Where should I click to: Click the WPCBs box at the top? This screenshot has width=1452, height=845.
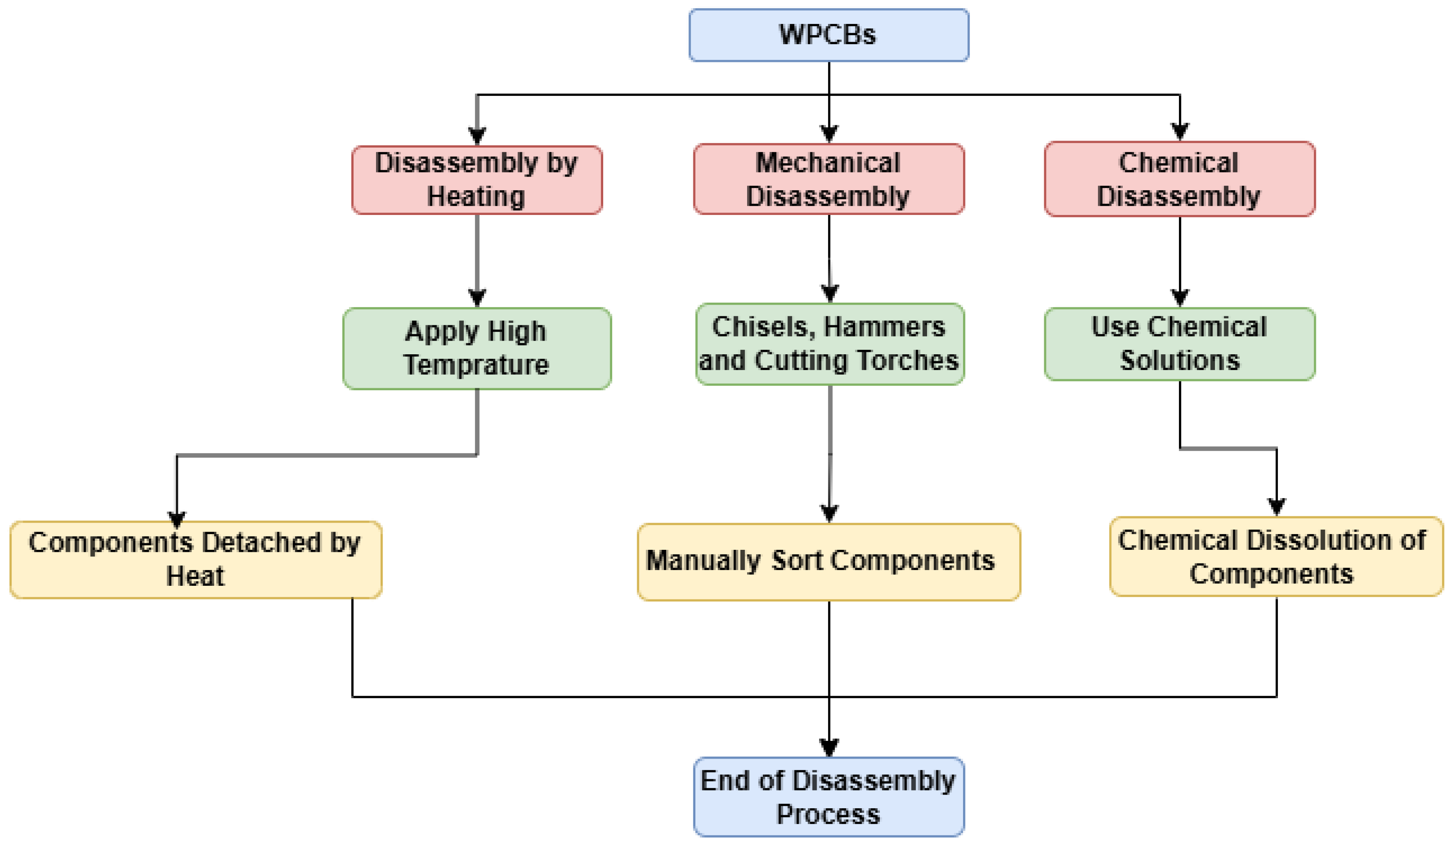point(829,35)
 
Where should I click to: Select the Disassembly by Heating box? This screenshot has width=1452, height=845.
point(477,180)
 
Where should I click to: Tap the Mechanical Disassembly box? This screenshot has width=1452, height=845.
point(829,179)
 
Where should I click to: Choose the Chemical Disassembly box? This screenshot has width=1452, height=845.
point(1179,179)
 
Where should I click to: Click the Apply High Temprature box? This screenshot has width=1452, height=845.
point(477,349)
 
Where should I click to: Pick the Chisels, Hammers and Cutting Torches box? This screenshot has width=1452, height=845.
point(830,344)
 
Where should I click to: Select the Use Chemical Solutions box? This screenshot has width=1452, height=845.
point(1179,344)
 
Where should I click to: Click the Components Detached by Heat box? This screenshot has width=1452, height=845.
point(196,559)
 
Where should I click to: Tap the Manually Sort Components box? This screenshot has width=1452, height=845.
point(829,561)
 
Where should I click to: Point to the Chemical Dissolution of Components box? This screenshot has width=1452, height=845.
point(1276,556)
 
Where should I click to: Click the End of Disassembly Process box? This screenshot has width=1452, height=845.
point(829,797)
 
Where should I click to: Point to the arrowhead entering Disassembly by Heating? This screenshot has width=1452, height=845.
point(477,135)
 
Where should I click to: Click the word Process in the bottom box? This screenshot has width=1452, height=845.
point(828,814)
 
